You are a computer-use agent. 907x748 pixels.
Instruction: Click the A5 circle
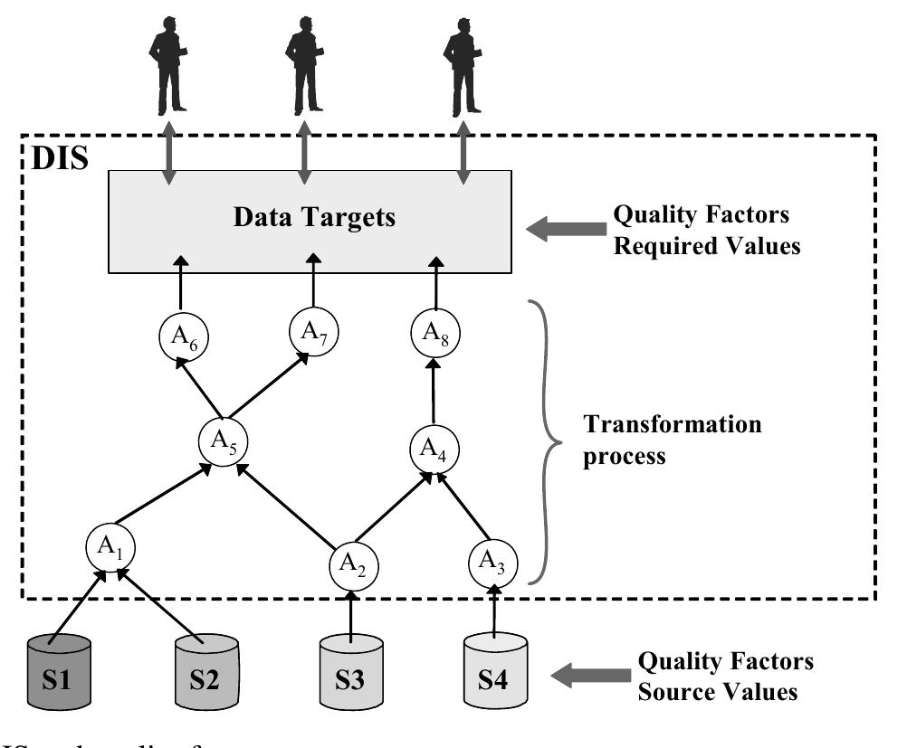[x=223, y=441]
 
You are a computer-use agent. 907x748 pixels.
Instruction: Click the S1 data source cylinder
[x=60, y=674]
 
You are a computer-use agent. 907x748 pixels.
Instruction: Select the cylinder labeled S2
[x=207, y=675]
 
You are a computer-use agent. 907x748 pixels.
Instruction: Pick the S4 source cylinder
[x=495, y=675]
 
